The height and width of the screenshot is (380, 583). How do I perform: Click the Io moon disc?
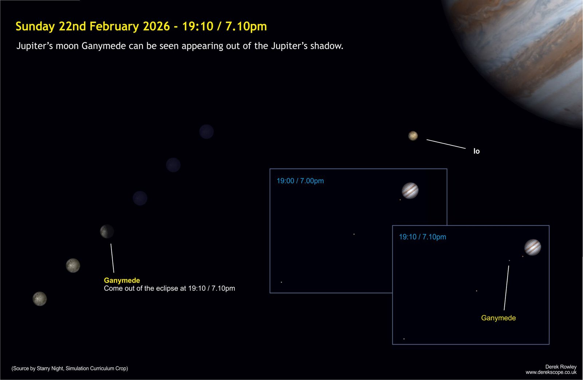point(413,136)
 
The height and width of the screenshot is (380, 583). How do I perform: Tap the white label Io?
point(476,151)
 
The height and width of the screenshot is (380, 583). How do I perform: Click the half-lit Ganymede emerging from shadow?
point(107,231)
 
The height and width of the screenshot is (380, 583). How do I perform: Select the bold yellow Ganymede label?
point(122,280)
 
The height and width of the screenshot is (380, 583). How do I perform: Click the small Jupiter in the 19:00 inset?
point(410,191)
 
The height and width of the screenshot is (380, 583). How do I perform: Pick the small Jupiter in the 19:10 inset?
point(532,247)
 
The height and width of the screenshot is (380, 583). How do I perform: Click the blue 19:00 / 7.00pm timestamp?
point(300,181)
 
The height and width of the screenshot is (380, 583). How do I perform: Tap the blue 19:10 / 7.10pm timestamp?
point(422,237)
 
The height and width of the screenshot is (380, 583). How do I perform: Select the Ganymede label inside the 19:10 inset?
point(498,318)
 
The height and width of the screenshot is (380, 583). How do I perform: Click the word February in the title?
point(114,27)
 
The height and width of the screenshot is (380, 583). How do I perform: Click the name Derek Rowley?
point(561,367)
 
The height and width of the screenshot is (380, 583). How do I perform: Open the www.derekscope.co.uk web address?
point(551,372)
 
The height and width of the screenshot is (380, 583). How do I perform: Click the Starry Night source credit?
point(70,368)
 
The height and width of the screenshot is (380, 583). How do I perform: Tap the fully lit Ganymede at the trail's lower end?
point(40,299)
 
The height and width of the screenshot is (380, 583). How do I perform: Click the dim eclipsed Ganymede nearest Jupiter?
point(206,132)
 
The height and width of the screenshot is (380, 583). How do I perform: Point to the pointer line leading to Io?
point(446,144)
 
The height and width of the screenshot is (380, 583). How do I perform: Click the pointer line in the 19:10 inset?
point(506,288)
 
